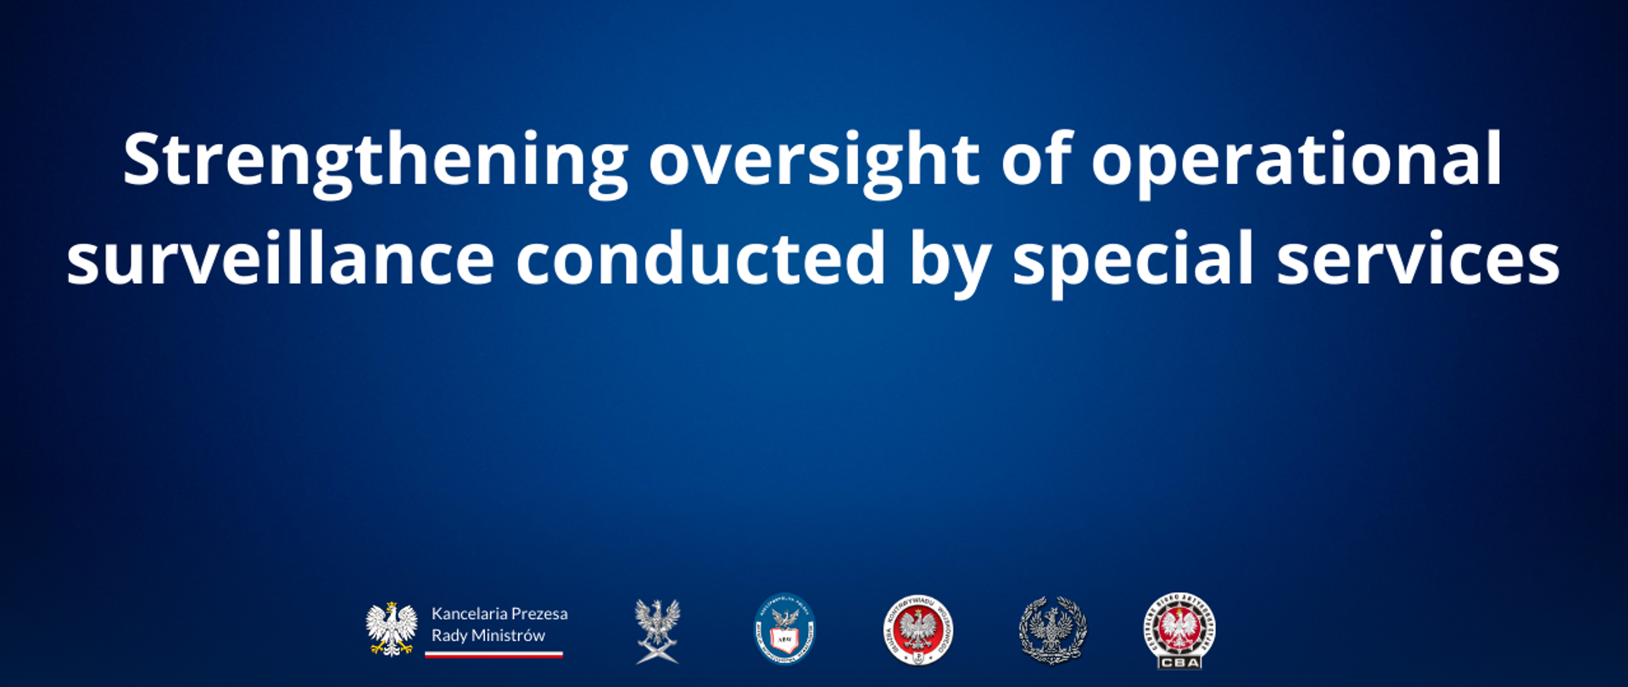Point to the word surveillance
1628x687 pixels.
point(280,258)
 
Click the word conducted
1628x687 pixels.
point(700,258)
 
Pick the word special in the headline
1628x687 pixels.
point(1133,260)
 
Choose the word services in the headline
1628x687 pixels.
point(1418,258)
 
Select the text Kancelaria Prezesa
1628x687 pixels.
point(499,613)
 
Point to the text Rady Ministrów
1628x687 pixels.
point(488,635)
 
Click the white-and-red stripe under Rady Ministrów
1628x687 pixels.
point(493,655)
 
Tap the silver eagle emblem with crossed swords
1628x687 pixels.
point(657,631)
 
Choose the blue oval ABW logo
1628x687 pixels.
point(784,629)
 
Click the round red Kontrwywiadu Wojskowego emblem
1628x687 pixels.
point(917,630)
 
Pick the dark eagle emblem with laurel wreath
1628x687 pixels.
point(1052,630)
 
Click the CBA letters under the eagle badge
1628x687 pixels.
point(1179,662)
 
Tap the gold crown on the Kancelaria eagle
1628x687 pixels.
point(391,606)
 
